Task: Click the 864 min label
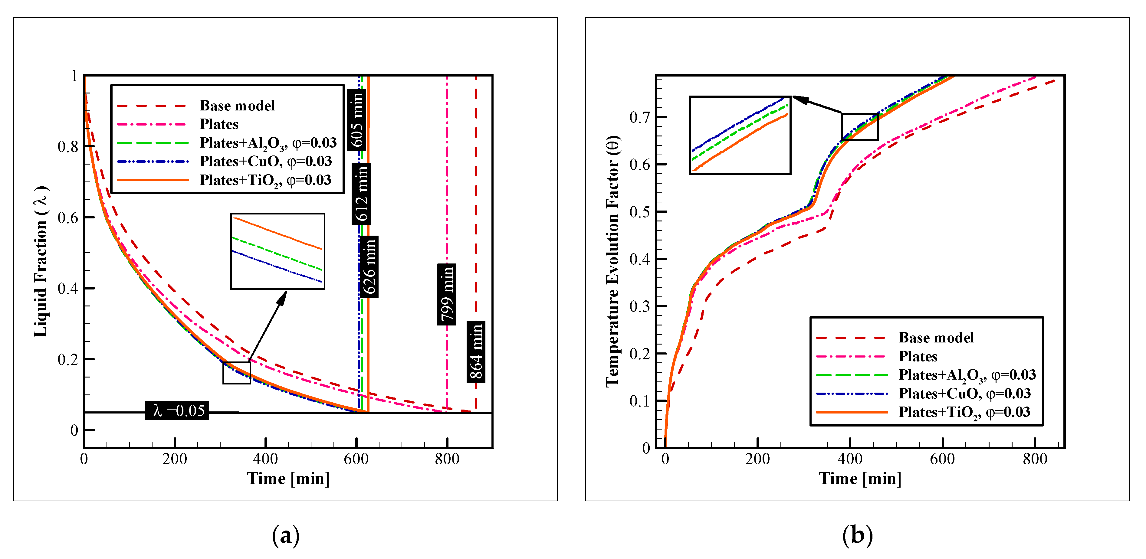point(476,352)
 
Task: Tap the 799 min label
point(447,294)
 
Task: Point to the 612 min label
point(361,194)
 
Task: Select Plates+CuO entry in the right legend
point(964,393)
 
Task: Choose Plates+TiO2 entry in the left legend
point(265,180)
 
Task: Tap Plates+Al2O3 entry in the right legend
point(967,375)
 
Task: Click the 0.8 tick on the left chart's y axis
point(67,146)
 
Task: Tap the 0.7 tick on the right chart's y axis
point(639,117)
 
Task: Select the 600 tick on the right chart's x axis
point(942,459)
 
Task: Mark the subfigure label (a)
point(286,535)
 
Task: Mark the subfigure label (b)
point(857,535)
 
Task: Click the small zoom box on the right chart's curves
point(859,127)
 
